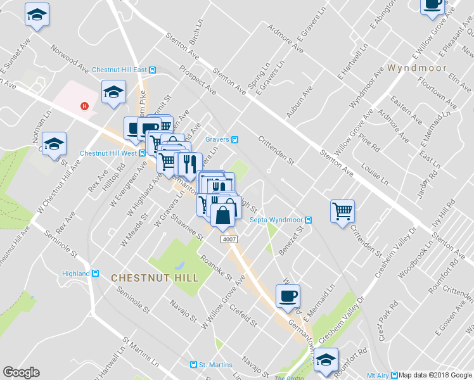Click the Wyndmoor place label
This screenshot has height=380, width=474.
click(417, 68)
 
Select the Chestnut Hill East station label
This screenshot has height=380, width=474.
click(119, 70)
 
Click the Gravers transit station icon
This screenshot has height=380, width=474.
click(234, 140)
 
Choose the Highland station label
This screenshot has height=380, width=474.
click(76, 274)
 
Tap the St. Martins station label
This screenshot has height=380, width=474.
click(215, 364)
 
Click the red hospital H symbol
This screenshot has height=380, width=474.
click(83, 106)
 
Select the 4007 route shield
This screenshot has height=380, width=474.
click(229, 240)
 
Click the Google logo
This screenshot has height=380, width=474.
click(21, 372)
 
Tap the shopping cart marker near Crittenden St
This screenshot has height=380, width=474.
click(342, 210)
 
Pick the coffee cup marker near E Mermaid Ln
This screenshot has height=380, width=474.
click(288, 296)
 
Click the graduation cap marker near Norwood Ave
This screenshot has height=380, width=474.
click(37, 13)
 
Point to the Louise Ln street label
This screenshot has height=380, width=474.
click(374, 175)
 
